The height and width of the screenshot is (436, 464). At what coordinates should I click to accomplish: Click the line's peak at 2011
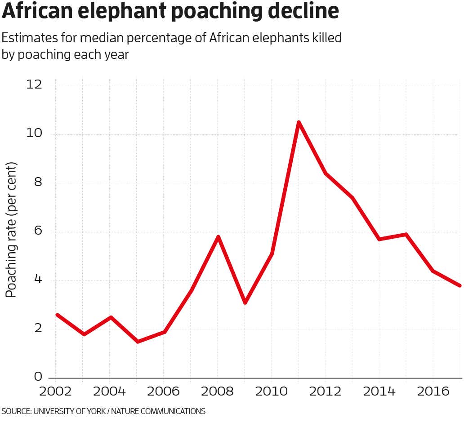pyautogui.click(x=299, y=122)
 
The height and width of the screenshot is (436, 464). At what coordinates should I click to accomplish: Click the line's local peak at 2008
pyautogui.click(x=218, y=237)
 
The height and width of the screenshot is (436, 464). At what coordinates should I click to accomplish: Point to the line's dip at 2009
pyautogui.click(x=245, y=303)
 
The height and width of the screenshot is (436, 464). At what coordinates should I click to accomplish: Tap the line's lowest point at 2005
pyautogui.click(x=138, y=342)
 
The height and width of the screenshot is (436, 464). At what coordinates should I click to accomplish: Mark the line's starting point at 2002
pyautogui.click(x=57, y=315)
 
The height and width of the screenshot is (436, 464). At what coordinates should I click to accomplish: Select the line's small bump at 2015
pyautogui.click(x=406, y=234)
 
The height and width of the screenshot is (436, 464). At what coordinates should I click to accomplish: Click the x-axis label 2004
pyautogui.click(x=109, y=392)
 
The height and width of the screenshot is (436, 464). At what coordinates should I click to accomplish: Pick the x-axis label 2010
pyautogui.click(x=271, y=392)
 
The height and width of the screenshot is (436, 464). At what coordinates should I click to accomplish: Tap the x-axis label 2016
pyautogui.click(x=433, y=392)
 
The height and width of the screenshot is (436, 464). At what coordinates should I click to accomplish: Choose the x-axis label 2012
pyautogui.click(x=325, y=392)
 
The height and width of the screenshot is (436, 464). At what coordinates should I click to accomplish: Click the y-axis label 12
pyautogui.click(x=34, y=85)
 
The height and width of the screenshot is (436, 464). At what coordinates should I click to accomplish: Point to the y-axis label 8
pyautogui.click(x=38, y=182)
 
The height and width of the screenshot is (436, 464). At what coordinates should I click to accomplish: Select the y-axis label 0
pyautogui.click(x=38, y=377)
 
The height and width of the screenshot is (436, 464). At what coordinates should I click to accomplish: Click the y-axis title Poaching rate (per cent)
pyautogui.click(x=11, y=229)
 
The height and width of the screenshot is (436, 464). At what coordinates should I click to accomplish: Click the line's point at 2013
pyautogui.click(x=352, y=198)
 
